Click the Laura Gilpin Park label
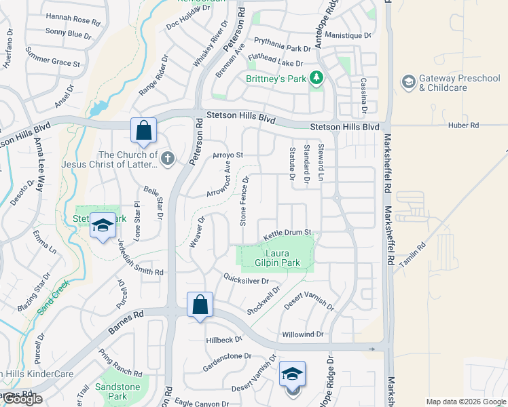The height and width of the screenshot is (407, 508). pos(277,258)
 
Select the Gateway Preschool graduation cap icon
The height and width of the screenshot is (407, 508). pos(408,83)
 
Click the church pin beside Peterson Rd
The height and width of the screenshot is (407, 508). pos(168,159)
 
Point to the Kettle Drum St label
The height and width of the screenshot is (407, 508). pos(287,234)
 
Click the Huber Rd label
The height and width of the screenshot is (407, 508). pos(464,125)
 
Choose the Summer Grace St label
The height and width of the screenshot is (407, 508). pos(52,58)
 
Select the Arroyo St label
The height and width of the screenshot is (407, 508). pos(228,155)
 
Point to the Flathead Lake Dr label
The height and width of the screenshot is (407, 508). pos(274,62)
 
